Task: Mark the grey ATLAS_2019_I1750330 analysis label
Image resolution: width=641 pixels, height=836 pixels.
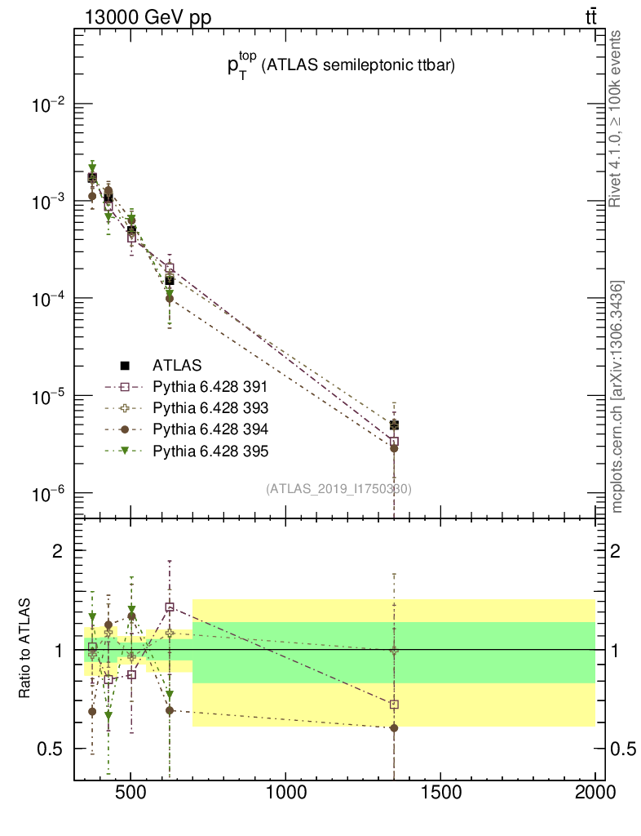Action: (x=338, y=489)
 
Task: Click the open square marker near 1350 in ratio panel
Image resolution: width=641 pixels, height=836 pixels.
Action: (x=395, y=704)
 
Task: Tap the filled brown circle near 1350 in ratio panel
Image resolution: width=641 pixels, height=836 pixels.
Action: (x=395, y=727)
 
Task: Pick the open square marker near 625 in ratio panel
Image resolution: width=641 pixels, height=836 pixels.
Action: (x=170, y=607)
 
